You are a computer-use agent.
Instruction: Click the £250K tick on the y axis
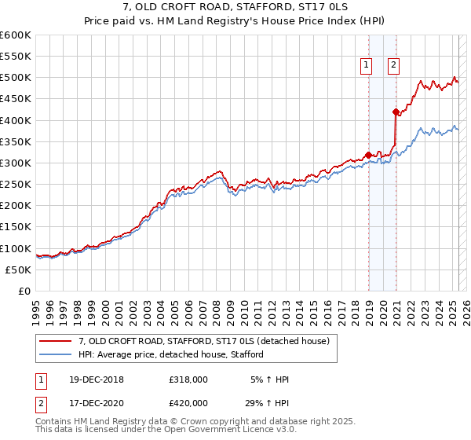(16, 184)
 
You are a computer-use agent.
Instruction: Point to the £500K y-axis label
(16, 78)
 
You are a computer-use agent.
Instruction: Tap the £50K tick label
(19, 269)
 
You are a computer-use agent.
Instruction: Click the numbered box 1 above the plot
(367, 66)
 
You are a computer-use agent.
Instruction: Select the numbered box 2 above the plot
(393, 66)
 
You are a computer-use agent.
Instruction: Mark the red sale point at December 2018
(368, 155)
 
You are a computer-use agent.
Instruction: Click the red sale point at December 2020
(396, 112)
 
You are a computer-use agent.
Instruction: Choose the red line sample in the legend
(57, 341)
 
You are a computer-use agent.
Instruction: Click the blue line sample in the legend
(57, 354)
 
